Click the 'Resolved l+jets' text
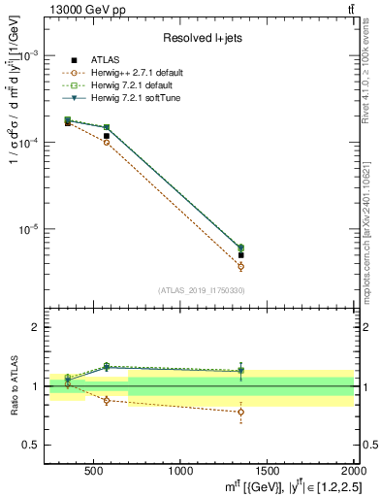click(203, 38)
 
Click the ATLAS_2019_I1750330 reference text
click(202, 290)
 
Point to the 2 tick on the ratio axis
click(37, 327)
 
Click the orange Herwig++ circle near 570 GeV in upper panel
click(107, 142)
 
